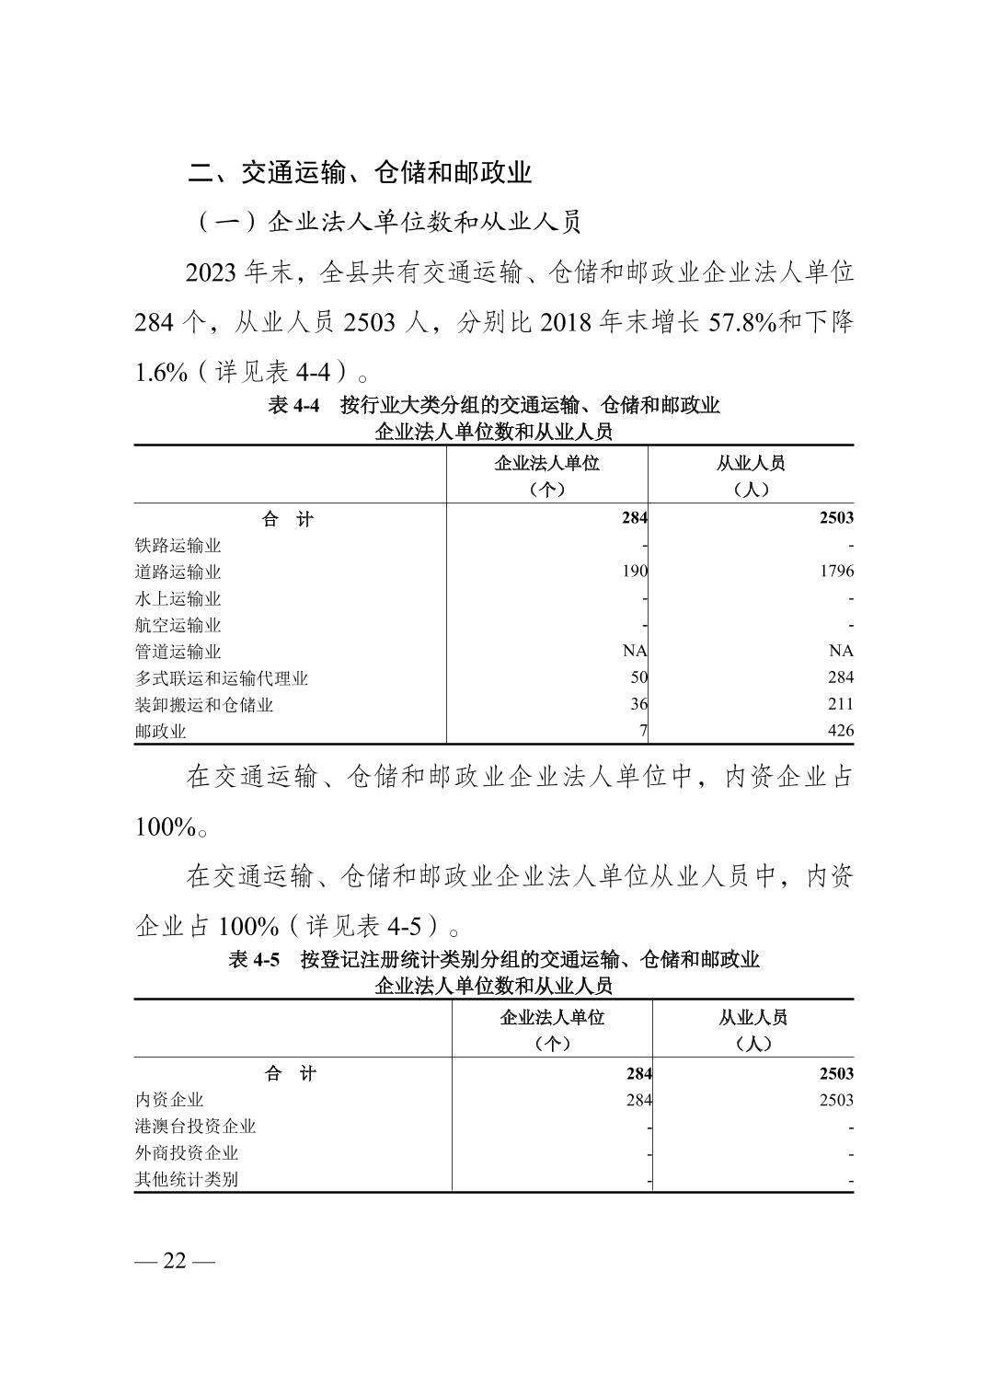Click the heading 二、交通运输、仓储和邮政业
(360, 172)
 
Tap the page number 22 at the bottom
(174, 1261)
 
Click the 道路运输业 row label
(178, 572)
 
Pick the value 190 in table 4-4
(635, 572)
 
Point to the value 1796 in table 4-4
(836, 572)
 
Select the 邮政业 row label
(160, 732)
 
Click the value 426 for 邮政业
(840, 731)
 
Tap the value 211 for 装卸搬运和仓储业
(840, 704)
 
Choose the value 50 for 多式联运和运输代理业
(638, 677)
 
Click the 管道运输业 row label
(178, 652)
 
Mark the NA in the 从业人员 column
(841, 651)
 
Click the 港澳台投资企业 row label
(195, 1127)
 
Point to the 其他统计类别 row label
(187, 1179)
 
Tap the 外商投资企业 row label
(187, 1152)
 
